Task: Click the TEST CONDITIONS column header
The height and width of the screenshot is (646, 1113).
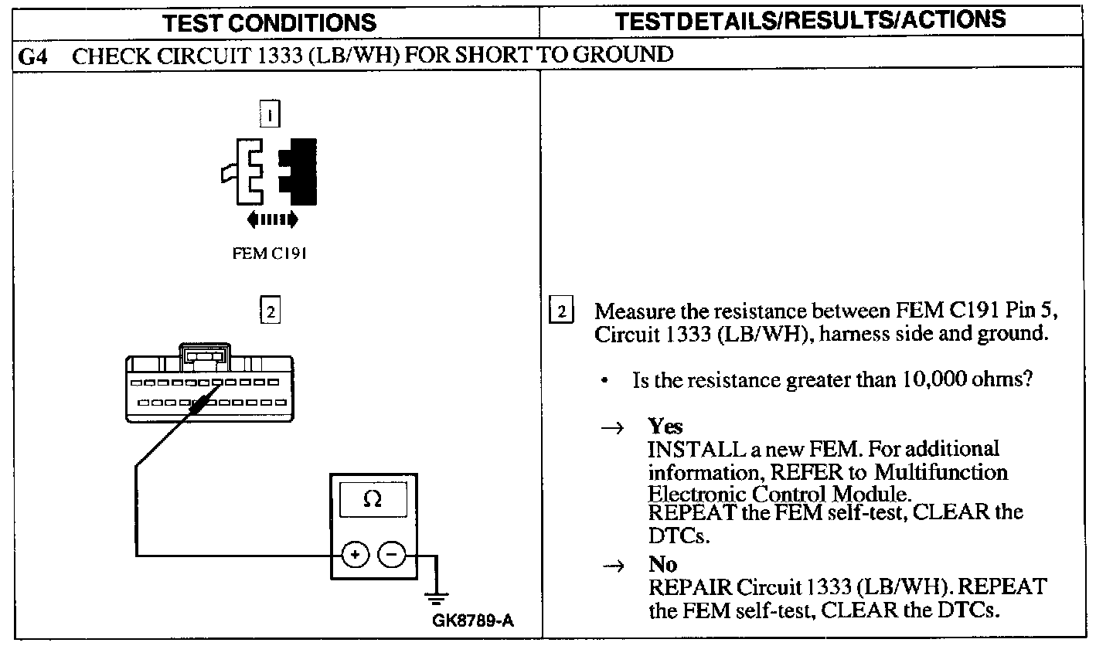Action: pos(270,22)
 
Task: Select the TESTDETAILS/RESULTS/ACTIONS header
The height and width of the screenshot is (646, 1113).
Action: pos(809,19)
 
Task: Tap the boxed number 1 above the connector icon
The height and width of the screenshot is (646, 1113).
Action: pos(269,115)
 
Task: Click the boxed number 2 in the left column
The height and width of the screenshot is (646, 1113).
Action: pos(269,311)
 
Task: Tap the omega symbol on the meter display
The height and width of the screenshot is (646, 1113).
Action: pos(372,499)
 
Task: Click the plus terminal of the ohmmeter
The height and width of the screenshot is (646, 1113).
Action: pos(354,554)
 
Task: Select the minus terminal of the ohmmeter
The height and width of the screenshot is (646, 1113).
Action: pos(392,554)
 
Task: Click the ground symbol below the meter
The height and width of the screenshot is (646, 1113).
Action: pos(437,597)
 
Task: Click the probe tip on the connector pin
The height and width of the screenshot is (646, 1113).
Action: pos(203,400)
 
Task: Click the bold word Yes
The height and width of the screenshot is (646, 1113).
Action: pos(665,427)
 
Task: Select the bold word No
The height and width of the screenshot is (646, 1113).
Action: pos(662,565)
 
